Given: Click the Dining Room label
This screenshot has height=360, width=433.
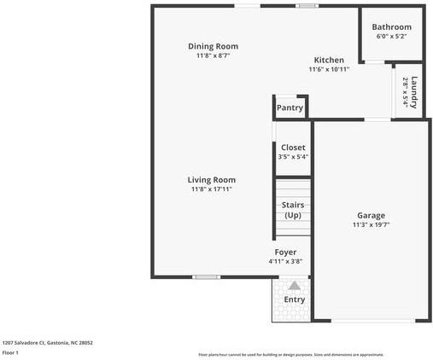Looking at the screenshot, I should coord(213,46).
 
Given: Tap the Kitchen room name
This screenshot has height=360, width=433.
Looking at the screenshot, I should coord(329,60).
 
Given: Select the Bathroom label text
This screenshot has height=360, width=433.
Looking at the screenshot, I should coord(391,27).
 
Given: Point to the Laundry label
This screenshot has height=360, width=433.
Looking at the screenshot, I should coord(414,92).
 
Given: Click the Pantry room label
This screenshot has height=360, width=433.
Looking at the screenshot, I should coord(290,108).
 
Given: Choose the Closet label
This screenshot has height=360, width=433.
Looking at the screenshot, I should coord(293,148).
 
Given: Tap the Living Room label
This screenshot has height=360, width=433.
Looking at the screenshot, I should coord(212,180).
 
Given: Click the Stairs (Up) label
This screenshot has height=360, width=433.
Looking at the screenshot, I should coord(293,210).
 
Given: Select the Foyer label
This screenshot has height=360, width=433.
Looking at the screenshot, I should coord(285,253).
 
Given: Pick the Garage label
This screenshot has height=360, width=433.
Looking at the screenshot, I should coord(371,216).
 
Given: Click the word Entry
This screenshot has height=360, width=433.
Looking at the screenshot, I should coord(294,299).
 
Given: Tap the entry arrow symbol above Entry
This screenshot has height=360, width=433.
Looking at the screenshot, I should coord(294,286).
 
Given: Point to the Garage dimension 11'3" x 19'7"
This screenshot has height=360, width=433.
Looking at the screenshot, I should coord(371,225).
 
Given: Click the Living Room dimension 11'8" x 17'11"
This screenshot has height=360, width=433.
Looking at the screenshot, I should coord(212,189).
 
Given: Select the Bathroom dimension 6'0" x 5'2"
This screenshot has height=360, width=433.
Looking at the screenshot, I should coord(391,37).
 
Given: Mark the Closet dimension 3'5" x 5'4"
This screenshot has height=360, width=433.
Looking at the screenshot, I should coord(293,157).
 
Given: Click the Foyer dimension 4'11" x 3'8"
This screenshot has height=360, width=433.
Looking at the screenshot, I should coord(285,262).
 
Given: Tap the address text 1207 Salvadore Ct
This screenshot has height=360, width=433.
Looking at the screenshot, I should coord(48,343).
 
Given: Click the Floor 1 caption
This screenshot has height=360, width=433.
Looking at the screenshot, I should coord(11,352).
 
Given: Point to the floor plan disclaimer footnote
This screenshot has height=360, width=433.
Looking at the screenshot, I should coord(291,355).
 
